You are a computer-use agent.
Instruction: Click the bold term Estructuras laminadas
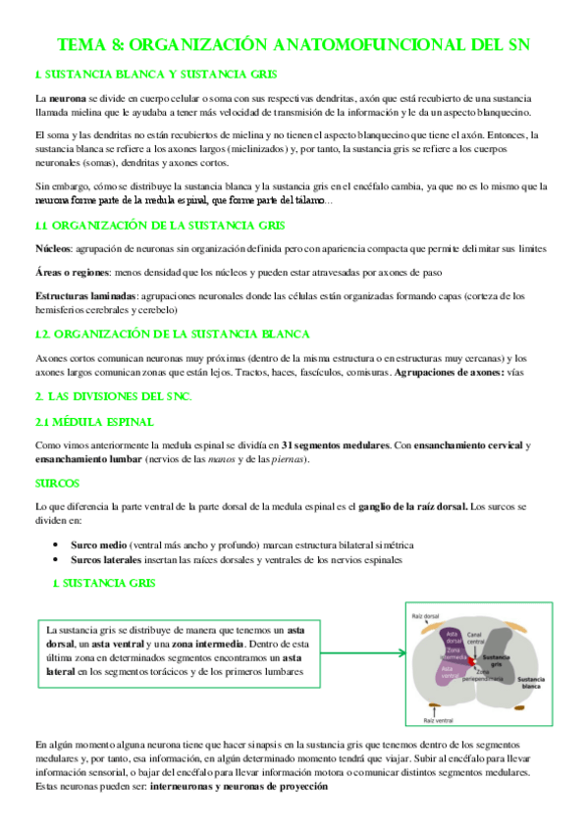click(86, 295)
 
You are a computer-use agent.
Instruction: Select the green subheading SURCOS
click(57, 484)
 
